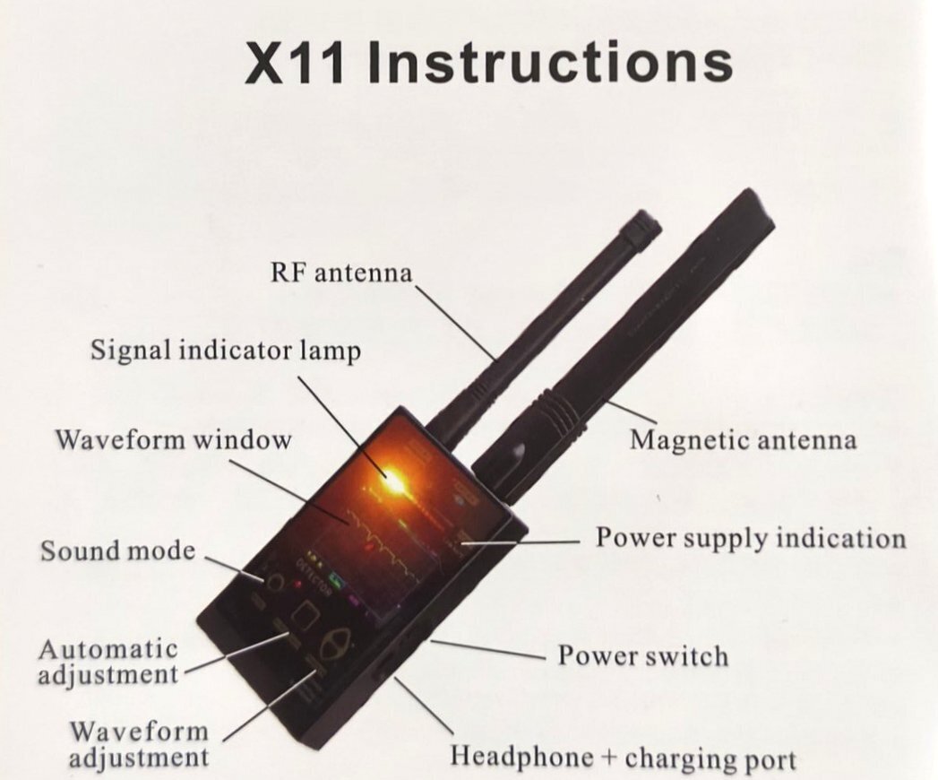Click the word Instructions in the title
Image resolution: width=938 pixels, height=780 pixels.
pyautogui.click(x=550, y=62)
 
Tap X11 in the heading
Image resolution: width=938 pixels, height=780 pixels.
pyautogui.click(x=295, y=63)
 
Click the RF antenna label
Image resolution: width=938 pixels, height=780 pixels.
pyautogui.click(x=341, y=273)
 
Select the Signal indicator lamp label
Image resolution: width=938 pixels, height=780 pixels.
pyautogui.click(x=226, y=351)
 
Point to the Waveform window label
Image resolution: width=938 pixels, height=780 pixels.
pyautogui.click(x=174, y=440)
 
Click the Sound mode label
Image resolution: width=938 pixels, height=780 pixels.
pyautogui.click(x=118, y=550)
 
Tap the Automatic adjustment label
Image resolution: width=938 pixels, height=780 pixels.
pyautogui.click(x=108, y=662)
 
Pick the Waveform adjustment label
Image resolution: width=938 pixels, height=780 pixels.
pyautogui.click(x=140, y=743)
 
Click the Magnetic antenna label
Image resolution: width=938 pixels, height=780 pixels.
pyautogui.click(x=743, y=440)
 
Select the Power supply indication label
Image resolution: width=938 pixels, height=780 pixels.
pyautogui.click(x=751, y=538)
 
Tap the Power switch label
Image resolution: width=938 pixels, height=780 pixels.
pyautogui.click(x=643, y=655)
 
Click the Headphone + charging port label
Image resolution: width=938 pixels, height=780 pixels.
pyautogui.click(x=624, y=758)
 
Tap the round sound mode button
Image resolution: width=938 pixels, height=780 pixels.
pyautogui.click(x=274, y=581)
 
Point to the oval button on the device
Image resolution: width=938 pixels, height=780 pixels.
pyautogui.click(x=333, y=646)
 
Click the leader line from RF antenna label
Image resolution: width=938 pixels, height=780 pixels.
pyautogui.click(x=456, y=324)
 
